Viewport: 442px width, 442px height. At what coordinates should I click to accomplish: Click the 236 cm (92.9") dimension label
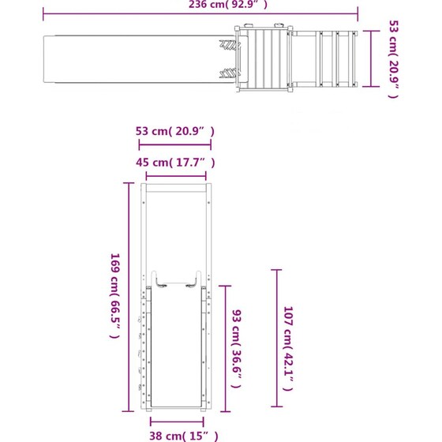(228, 4)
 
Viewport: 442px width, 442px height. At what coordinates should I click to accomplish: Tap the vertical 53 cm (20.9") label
(394, 59)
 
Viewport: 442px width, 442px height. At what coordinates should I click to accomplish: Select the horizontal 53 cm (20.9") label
(175, 131)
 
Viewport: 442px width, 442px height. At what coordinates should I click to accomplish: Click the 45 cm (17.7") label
(175, 163)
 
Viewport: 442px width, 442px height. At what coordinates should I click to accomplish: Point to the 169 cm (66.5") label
(115, 295)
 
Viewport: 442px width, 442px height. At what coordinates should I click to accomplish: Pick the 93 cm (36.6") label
(237, 349)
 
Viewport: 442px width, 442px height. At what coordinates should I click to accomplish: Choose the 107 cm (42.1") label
(288, 349)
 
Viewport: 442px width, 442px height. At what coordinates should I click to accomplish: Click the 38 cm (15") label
(184, 436)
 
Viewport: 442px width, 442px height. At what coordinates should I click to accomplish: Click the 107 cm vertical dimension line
(276, 338)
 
